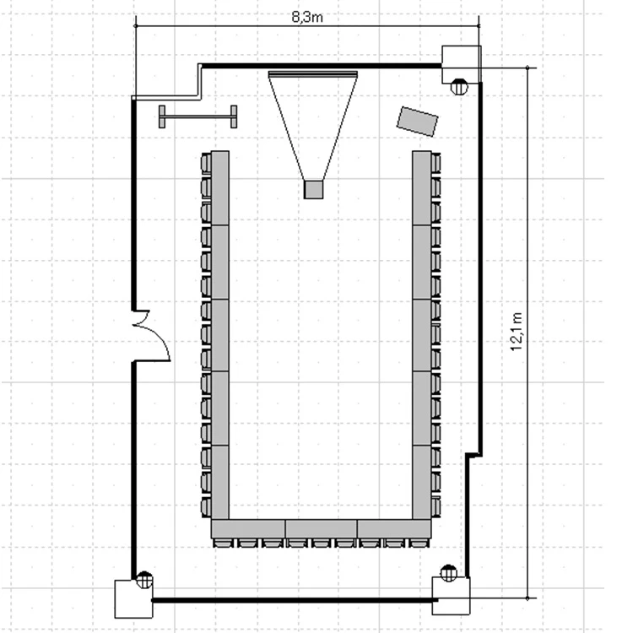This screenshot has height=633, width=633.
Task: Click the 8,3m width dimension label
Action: coord(307,18)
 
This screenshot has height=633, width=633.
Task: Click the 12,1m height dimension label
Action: coord(517,332)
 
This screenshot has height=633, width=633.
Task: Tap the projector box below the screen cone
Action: coord(313,190)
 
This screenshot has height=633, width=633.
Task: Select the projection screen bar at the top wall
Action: coord(313,74)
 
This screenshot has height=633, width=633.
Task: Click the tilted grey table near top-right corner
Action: coord(418,122)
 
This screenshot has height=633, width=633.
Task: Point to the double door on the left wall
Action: coord(151,336)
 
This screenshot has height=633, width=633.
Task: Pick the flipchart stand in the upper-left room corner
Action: coord(197,116)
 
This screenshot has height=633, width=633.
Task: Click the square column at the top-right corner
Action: coord(462,65)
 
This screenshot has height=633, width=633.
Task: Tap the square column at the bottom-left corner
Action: coord(133,599)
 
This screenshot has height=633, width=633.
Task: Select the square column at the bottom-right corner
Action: coord(451,596)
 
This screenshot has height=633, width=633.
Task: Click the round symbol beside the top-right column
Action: coord(459,87)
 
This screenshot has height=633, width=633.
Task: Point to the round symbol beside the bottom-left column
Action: coord(144,580)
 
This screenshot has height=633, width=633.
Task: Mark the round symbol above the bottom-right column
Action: coord(448,574)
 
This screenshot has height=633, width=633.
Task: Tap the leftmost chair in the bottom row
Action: coord(223,543)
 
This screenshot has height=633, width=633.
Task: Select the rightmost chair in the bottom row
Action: coord(419,543)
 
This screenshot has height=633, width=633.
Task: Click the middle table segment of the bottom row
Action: coord(322,529)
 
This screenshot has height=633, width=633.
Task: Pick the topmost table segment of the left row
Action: coord(220,187)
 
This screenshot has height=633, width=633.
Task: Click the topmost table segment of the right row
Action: coord(422,187)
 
